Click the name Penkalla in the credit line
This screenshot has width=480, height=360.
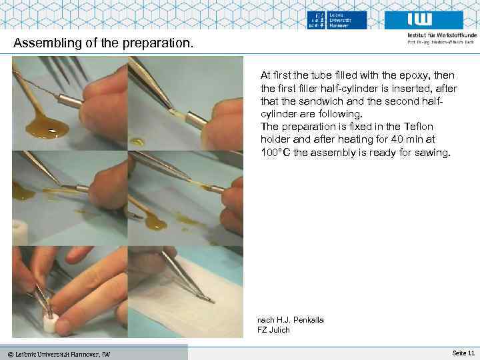(305, 320)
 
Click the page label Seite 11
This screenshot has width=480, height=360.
(463, 352)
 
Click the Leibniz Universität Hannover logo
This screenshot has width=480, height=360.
(337, 20)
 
